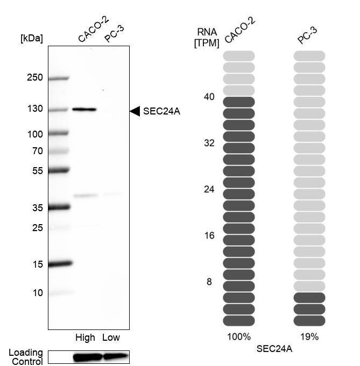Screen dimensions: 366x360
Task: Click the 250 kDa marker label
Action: pos(34,77)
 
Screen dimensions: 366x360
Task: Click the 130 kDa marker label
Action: pos(34,109)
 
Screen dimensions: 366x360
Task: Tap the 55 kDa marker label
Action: pos(37,170)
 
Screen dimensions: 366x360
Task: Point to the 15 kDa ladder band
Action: pos(60,263)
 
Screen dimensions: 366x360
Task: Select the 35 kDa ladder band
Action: pos(59,206)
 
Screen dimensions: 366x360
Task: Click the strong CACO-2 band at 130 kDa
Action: pos(84,109)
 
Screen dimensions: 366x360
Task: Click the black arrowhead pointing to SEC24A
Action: pos(135,111)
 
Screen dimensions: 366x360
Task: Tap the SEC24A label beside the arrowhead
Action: pos(161,111)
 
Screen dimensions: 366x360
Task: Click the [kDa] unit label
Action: pos(31,38)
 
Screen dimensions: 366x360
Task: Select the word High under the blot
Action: pos(85,338)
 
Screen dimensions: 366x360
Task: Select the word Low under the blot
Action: pos(111,338)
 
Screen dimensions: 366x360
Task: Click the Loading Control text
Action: pos(25,357)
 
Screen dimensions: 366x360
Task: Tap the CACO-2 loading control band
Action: pos(87,357)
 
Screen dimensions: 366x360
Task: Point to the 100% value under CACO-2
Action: pos(238,337)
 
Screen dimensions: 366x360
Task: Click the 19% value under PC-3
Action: pos(309,337)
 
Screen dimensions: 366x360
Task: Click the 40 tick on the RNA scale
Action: pos(209,97)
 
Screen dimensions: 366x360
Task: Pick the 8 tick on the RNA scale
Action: pos(209,282)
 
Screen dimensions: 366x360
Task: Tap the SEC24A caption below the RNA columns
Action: pos(274,349)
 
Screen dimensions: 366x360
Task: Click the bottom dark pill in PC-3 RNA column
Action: pos(309,321)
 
